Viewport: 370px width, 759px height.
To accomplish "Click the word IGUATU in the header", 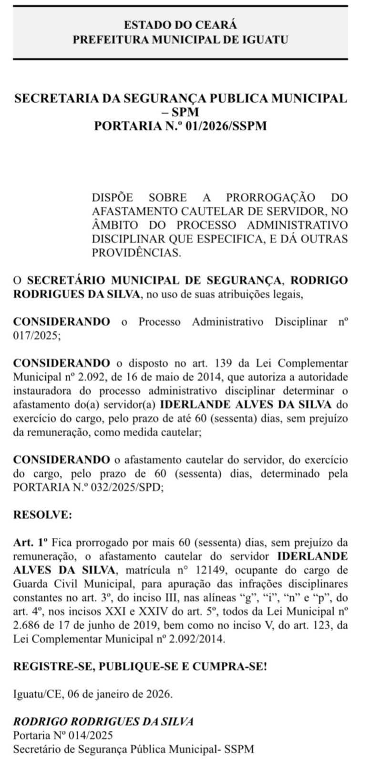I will [267, 40].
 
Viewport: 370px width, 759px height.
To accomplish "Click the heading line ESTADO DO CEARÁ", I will [180, 25].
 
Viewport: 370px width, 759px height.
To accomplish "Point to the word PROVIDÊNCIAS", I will [136, 253].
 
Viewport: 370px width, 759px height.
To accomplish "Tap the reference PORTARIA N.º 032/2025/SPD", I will [88, 488].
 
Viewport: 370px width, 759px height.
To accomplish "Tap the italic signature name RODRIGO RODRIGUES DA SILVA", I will [103, 721].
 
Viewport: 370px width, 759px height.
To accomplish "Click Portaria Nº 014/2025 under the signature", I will [63, 735].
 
